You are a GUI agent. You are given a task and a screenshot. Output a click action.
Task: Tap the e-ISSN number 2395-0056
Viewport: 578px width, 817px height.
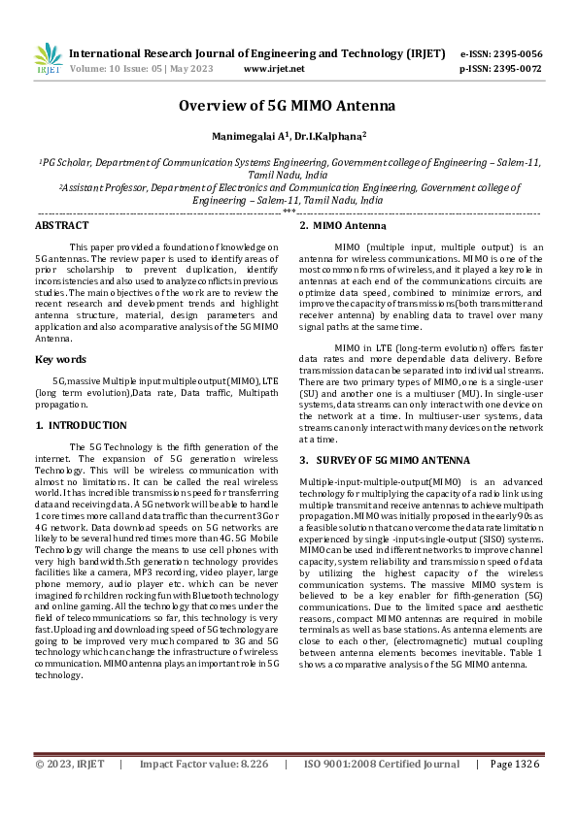point(515,54)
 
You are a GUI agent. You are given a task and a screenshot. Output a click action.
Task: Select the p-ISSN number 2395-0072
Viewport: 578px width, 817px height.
point(515,69)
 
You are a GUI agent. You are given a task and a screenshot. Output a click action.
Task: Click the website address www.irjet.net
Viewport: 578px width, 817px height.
point(274,69)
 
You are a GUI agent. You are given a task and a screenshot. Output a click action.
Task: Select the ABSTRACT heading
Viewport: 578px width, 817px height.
point(61,225)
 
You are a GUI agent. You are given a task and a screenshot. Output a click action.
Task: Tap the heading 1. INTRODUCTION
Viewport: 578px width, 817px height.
point(81,425)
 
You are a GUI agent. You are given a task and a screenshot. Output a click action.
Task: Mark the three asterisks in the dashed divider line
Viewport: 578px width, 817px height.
point(289,212)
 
